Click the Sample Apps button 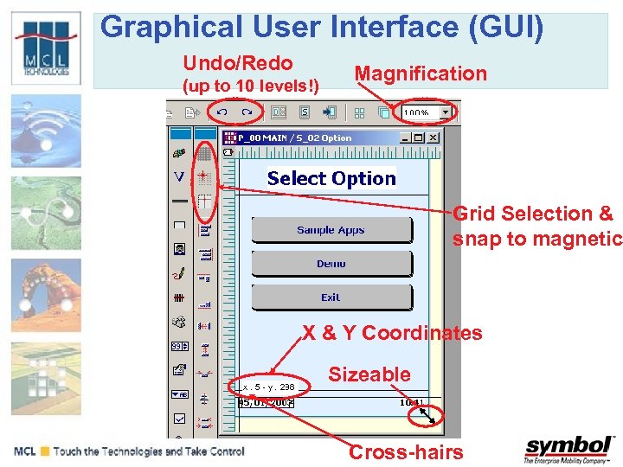coord(331,230)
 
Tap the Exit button coord(331,297)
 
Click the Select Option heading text coord(331,179)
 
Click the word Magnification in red coord(421,74)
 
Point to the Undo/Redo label coord(238,63)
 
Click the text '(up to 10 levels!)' coord(249,86)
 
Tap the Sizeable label coord(369,374)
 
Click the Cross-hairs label coord(406,452)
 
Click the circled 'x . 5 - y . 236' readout coord(268,387)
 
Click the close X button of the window coord(433,138)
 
